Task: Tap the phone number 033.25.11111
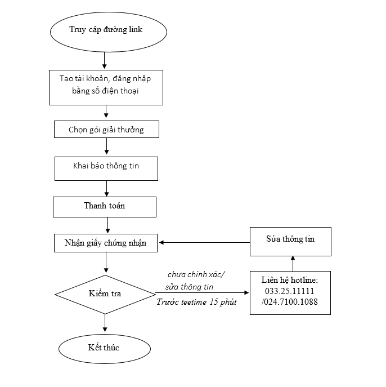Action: (x=289, y=291)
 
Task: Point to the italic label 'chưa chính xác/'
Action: (x=196, y=274)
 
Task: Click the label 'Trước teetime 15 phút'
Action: (x=197, y=302)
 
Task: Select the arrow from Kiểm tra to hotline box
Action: (x=202, y=293)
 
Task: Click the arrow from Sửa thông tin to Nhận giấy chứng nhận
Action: (x=205, y=242)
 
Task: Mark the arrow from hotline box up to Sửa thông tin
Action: (x=293, y=264)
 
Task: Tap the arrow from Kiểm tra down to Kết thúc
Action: (x=105, y=323)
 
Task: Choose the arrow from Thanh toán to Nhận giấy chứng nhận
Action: (x=107, y=225)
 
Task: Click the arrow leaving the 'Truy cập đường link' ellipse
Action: (x=104, y=60)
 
